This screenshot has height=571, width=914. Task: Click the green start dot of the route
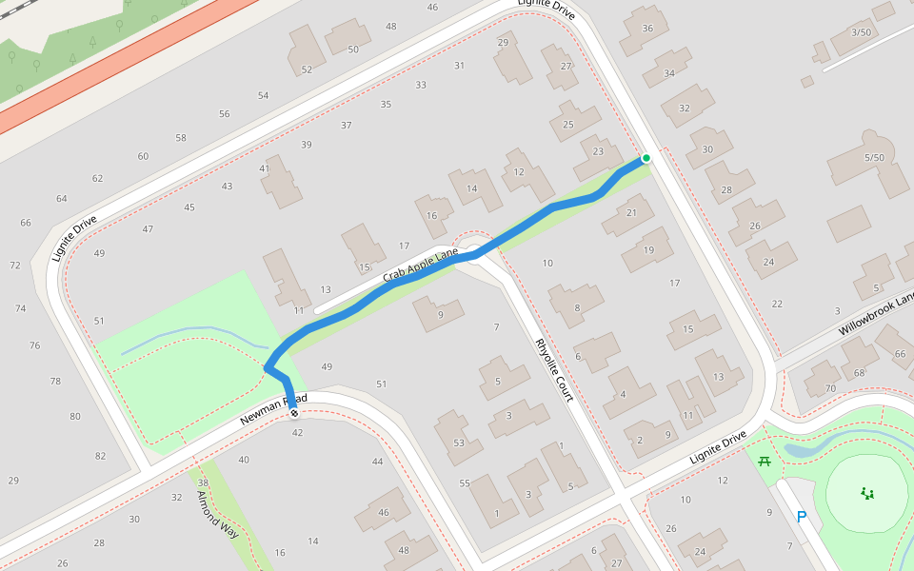[x=646, y=158]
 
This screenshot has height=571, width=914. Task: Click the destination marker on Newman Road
[x=294, y=412]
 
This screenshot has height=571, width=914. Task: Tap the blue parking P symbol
[x=802, y=517]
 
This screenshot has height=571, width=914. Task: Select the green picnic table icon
[x=764, y=462]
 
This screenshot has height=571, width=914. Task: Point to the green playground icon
[x=867, y=492]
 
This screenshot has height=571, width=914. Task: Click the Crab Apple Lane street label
[x=421, y=266]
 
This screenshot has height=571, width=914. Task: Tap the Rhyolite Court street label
[x=554, y=369]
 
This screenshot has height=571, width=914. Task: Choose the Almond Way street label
[x=216, y=514]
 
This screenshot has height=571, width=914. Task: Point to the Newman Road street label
[x=273, y=407]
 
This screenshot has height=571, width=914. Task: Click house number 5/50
[x=874, y=157]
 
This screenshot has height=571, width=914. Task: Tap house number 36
[x=647, y=28]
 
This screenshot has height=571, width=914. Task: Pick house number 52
[x=307, y=69]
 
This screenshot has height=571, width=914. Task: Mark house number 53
[x=459, y=443]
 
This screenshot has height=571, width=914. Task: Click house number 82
[x=100, y=456]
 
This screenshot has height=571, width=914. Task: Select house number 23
[x=598, y=151]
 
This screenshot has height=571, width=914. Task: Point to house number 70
[x=830, y=388]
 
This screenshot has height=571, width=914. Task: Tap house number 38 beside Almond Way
[x=202, y=482]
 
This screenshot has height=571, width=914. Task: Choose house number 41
[x=266, y=168]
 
